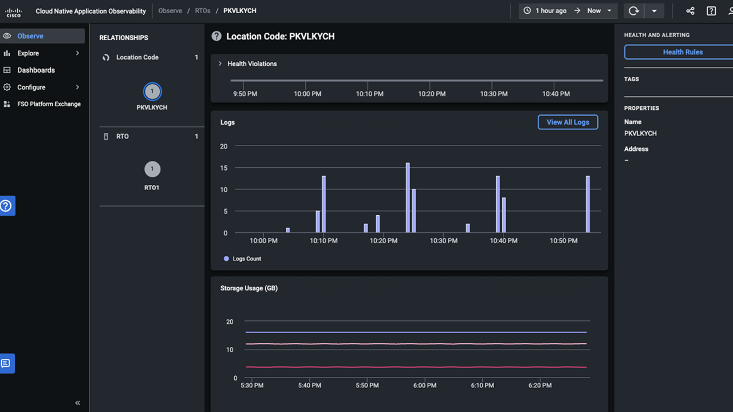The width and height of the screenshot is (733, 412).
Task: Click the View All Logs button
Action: [568, 122]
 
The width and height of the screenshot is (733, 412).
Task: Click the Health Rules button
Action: [682, 52]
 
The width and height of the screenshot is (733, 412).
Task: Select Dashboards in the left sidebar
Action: [36, 70]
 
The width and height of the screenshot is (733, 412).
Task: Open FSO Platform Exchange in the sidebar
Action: [49, 104]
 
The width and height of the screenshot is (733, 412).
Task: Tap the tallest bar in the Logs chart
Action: [408, 197]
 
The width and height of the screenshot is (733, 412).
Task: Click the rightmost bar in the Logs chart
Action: [588, 204]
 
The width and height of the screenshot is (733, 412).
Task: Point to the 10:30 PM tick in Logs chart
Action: [444, 240]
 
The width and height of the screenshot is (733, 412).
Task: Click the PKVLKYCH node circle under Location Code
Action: [152, 91]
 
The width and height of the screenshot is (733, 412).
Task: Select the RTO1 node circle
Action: [152, 169]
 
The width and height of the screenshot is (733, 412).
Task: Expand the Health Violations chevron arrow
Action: [220, 64]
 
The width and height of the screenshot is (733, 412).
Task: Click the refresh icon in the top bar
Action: [633, 11]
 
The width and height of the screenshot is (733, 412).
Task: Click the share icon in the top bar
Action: [690, 11]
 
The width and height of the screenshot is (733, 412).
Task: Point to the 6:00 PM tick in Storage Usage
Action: [425, 385]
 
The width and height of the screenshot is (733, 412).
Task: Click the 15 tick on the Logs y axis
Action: [223, 168]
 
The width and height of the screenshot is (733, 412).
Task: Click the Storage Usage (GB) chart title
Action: [249, 288]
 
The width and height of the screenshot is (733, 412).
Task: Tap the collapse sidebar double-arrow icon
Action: [78, 403]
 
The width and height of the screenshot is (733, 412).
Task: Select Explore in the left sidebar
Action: [28, 53]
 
